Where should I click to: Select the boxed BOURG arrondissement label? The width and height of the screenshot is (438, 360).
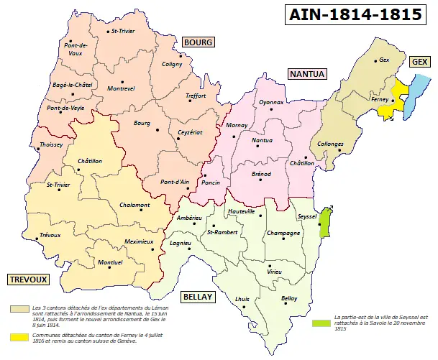coord(198,42)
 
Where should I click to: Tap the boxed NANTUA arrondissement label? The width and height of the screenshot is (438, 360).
coord(307,74)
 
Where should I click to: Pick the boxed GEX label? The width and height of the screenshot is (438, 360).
coord(419,63)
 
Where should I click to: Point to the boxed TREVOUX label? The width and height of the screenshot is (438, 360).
coord(27,279)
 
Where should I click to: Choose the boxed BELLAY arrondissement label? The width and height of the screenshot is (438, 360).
coord(196,296)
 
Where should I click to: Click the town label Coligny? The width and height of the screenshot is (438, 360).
coord(172,64)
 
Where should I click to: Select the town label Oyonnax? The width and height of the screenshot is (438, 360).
coord(271,102)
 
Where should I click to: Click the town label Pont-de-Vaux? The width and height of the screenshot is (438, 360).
coord(75,49)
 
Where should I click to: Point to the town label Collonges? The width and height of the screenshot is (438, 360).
coord(330,144)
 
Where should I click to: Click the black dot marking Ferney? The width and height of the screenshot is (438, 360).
coord(393,101)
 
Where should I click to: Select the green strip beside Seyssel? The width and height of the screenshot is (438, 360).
coord(324,222)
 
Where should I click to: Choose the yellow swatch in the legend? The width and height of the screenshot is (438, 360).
coord(15,336)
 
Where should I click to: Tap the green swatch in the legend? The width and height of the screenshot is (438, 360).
coord(317,323)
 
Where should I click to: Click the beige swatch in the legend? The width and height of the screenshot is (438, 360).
coord(15,308)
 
